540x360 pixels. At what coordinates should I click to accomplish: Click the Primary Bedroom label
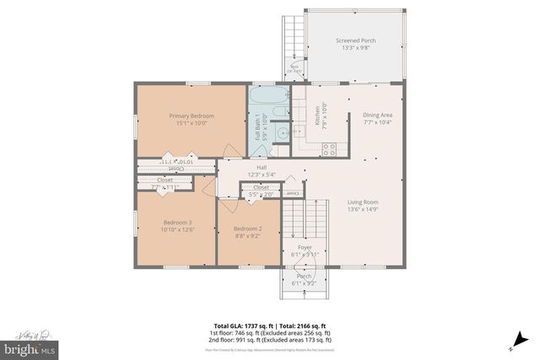[x=191, y=116]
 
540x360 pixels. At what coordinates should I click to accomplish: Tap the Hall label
[x=250, y=167]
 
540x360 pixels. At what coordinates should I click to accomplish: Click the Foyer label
[x=305, y=247]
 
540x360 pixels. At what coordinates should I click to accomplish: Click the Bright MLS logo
[x=30, y=347]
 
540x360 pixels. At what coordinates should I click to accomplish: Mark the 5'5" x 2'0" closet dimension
[x=262, y=195]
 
